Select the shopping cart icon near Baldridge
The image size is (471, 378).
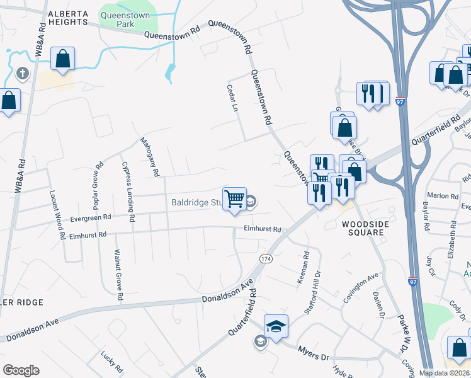tap(234, 198)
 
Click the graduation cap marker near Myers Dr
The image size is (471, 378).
tap(276, 326)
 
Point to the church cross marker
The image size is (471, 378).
tap(22, 74)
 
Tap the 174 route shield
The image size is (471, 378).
tap(266, 260)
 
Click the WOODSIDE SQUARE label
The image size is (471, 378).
tap(363, 228)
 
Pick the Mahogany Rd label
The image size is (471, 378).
tap(150, 157)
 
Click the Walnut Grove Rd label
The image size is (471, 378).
tap(117, 274)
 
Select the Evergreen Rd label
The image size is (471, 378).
tap(91, 217)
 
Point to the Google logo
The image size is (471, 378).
tap(21, 370)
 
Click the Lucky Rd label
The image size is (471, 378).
tap(111, 362)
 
